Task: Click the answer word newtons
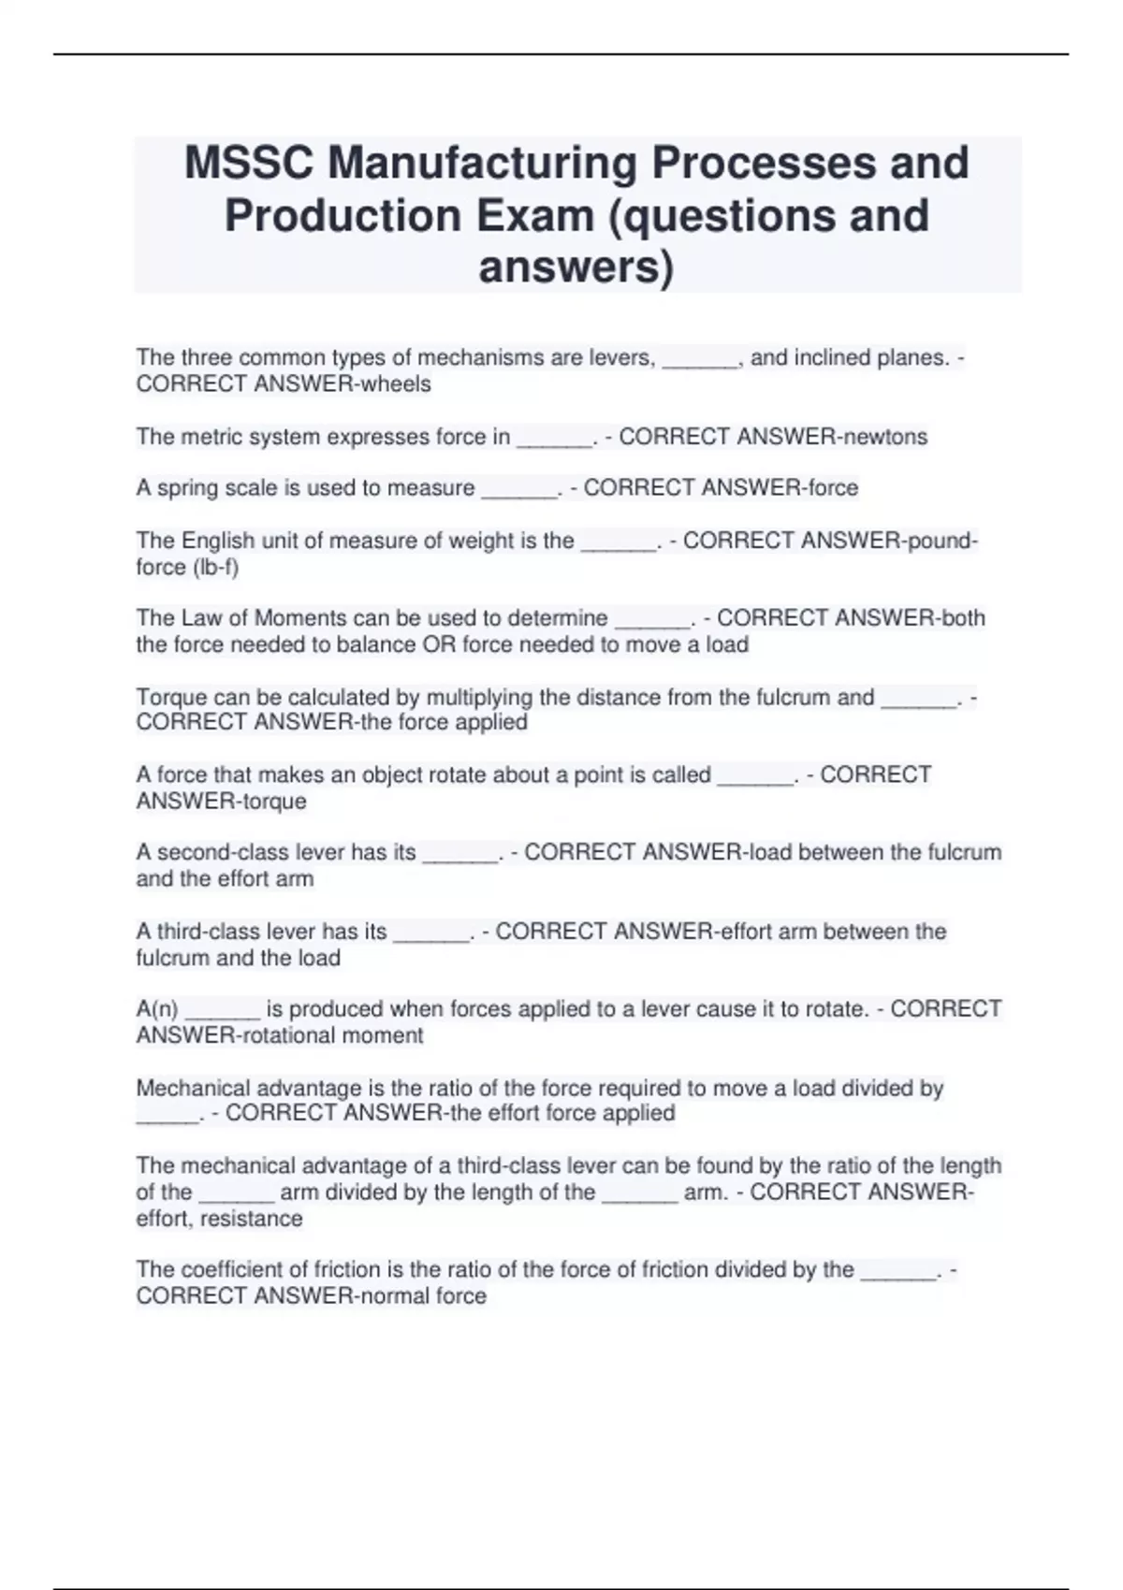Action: tap(883, 437)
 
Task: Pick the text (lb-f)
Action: tap(215, 568)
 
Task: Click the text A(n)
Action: tap(157, 1009)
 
